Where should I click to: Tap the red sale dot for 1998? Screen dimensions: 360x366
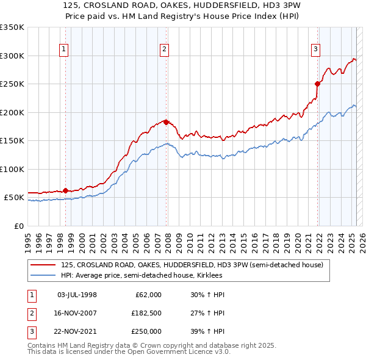coord(65,190)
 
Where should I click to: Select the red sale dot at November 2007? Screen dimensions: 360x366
coord(167,121)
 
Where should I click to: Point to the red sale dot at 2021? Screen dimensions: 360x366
coord(318,84)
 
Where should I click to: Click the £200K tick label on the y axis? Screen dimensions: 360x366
coord(12,112)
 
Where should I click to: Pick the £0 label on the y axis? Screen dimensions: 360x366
coord(18,226)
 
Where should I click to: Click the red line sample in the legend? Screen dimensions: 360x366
coord(44,265)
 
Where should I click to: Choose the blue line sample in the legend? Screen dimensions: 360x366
coord(44,275)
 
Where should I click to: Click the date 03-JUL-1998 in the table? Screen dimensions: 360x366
coord(77,295)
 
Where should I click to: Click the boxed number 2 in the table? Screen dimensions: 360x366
coord(31,313)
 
